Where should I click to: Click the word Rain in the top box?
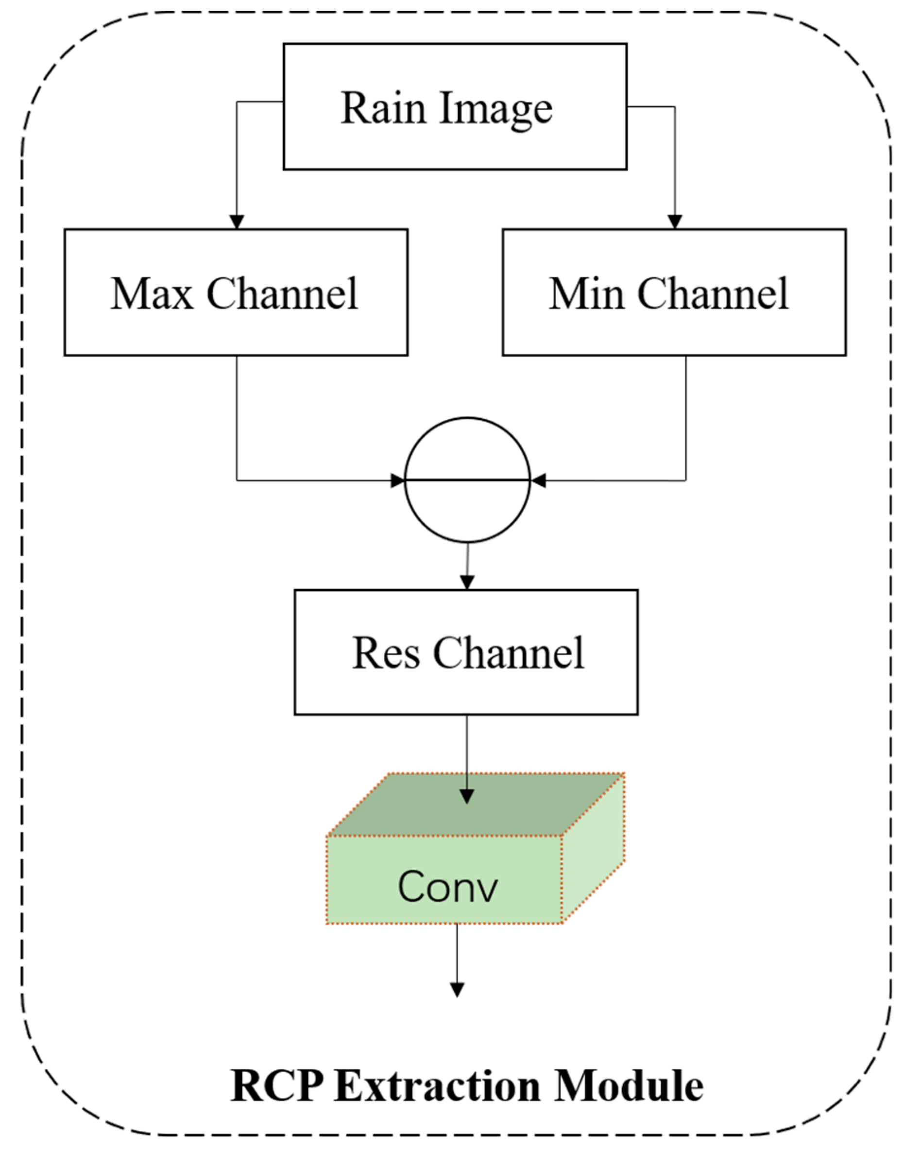tap(383, 108)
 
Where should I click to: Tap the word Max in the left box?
tap(152, 293)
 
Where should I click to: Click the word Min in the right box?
tap(586, 293)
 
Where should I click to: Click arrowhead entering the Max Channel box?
tap(237, 222)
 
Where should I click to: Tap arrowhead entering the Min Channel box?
tap(675, 222)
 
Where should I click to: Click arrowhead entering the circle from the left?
tap(397, 480)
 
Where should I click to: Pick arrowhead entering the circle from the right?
tap(538, 480)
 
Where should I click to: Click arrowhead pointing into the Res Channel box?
tap(466, 582)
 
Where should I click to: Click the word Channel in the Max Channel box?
tap(282, 293)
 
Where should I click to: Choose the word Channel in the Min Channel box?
tap(713, 293)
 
